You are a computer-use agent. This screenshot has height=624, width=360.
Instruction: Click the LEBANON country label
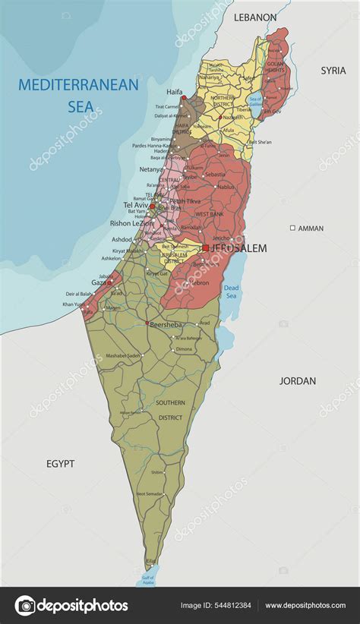coord(255,17)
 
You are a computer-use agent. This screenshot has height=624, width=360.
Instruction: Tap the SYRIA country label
coord(333,70)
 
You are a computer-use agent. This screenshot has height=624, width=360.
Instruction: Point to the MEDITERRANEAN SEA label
coord(78,95)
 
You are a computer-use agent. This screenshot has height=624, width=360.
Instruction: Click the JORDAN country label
coord(298,380)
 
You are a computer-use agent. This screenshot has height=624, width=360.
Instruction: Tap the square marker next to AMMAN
coord(292,228)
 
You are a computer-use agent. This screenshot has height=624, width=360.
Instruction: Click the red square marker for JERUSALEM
coord(205,247)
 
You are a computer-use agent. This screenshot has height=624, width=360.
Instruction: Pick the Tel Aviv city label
coord(136,205)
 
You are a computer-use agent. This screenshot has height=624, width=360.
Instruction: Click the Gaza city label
coord(99,282)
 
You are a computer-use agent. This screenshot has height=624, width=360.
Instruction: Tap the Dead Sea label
coord(231,292)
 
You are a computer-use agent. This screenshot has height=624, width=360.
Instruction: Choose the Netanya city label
coord(151,169)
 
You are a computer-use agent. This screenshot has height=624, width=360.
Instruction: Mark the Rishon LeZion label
coord(131,223)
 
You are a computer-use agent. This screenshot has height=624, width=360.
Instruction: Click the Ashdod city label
coord(122,239)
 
